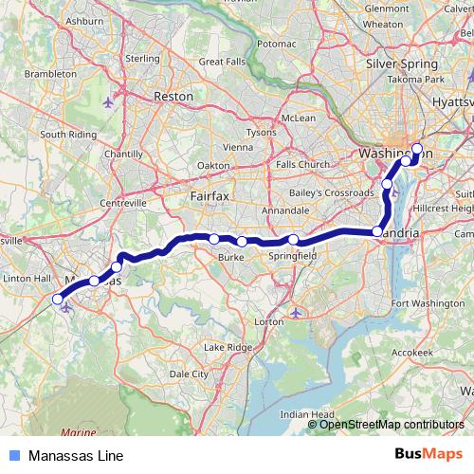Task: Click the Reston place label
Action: pyautogui.click(x=173, y=97)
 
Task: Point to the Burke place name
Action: pyautogui.click(x=232, y=256)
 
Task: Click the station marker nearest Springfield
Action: pyautogui.click(x=294, y=240)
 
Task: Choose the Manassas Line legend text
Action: pyautogui.click(x=76, y=456)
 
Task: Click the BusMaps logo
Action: pyautogui.click(x=431, y=455)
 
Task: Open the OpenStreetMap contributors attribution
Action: pyautogui.click(x=392, y=424)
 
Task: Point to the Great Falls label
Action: pyautogui.click(x=224, y=62)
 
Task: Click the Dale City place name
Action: pyautogui.click(x=188, y=374)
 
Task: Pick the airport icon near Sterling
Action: pyautogui.click(x=107, y=101)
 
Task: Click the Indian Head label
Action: pyautogui.click(x=305, y=414)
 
